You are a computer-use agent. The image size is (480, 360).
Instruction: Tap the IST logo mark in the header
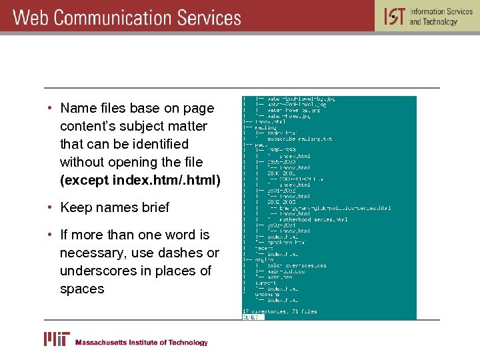[394, 15]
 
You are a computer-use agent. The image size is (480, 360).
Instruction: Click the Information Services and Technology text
[441, 16]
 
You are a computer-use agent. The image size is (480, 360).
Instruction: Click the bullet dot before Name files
[50, 108]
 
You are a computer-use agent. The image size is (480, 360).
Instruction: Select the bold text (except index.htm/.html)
[140, 180]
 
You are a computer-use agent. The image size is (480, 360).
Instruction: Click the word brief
[155, 207]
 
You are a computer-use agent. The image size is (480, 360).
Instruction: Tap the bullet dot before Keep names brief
[50, 207]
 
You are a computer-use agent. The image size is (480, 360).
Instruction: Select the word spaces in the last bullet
[82, 289]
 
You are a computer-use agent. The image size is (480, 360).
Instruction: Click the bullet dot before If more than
[50, 235]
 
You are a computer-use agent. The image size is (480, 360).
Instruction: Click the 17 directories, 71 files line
[279, 311]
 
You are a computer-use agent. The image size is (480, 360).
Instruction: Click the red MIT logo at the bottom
[57, 339]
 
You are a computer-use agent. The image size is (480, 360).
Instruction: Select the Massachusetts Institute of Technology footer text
[141, 343]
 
